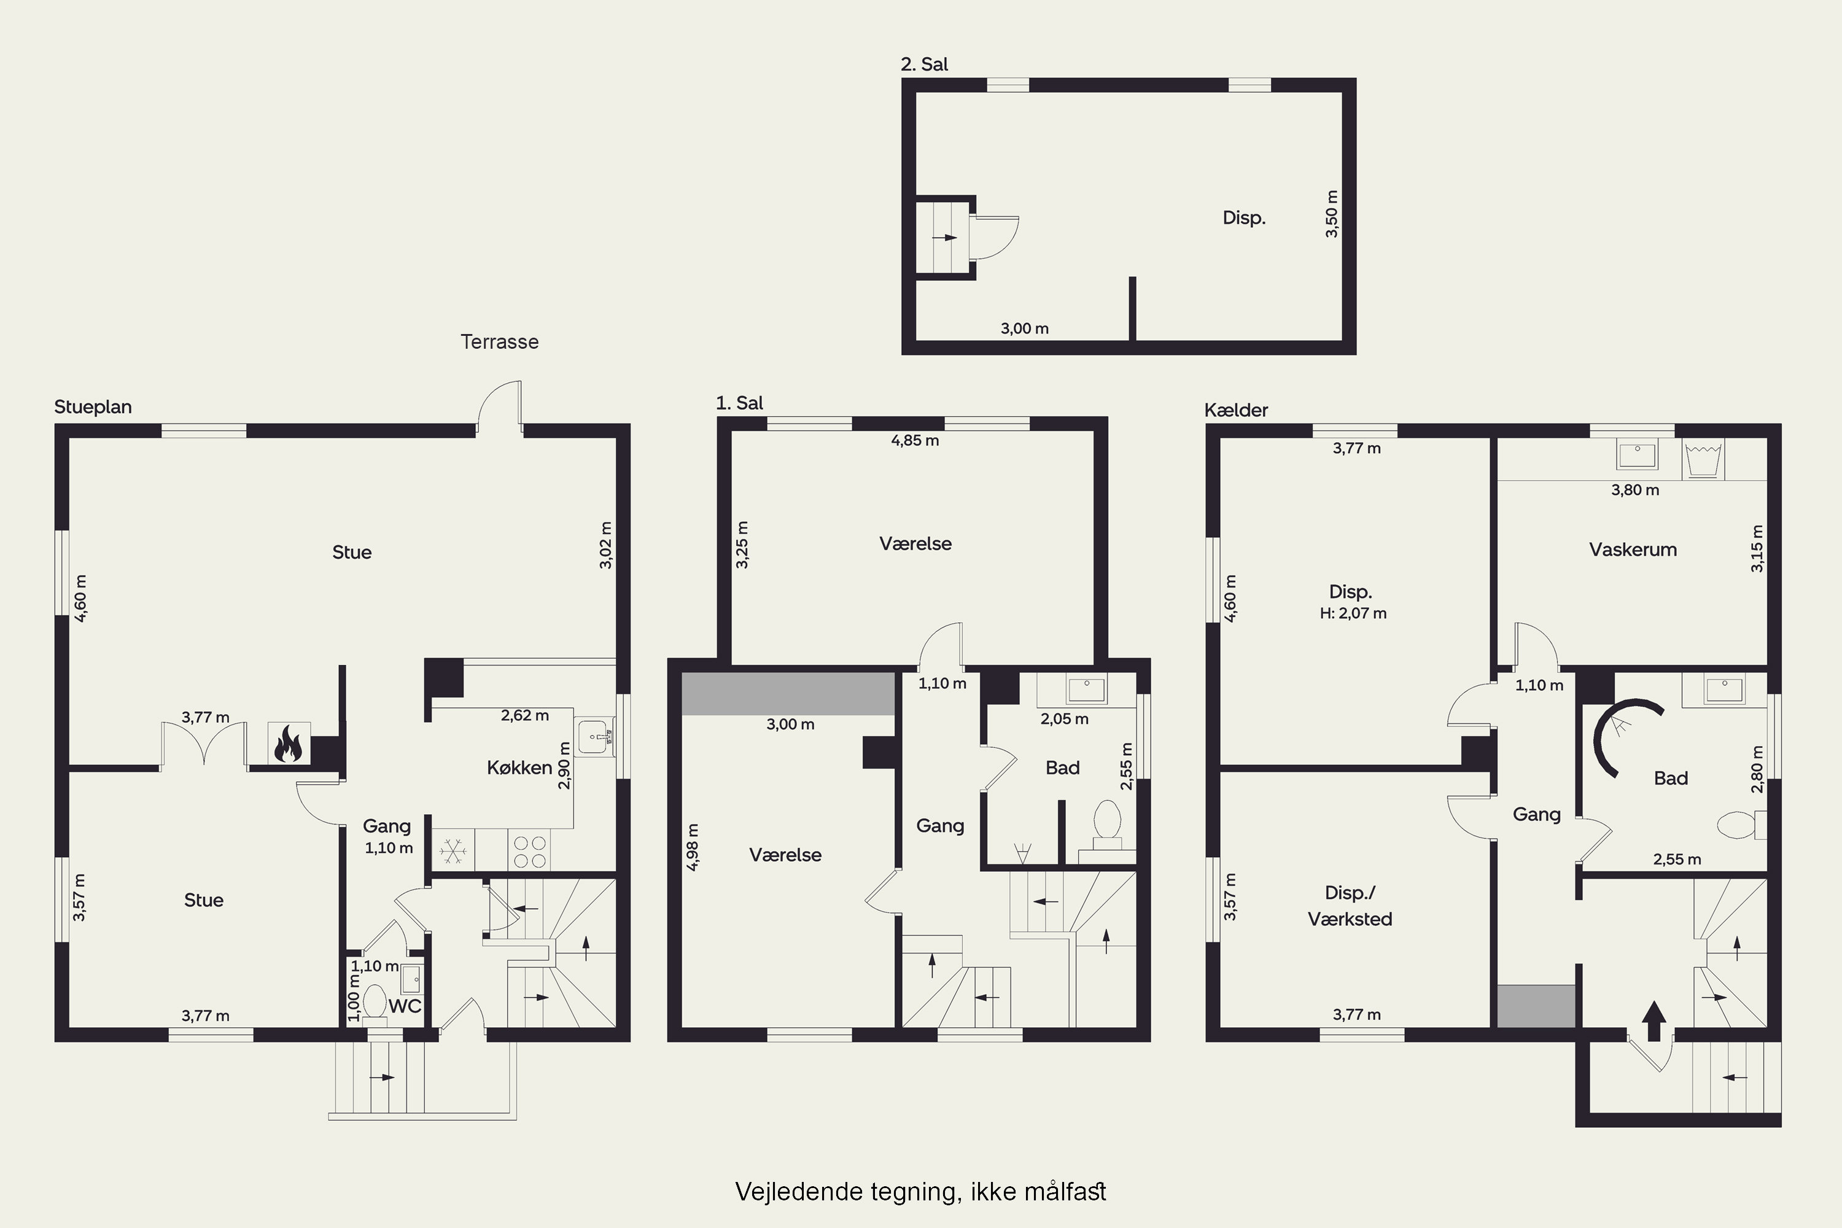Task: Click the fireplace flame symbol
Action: [288, 744]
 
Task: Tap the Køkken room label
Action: [519, 767]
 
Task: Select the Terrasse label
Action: [500, 341]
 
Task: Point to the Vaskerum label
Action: [1633, 549]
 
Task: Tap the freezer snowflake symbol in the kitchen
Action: [453, 850]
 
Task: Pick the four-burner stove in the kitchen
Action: [529, 850]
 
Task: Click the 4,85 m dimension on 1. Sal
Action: [915, 440]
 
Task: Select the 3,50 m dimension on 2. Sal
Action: [1331, 214]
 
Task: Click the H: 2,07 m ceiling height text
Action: [1353, 613]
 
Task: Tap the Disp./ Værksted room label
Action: [1350, 905]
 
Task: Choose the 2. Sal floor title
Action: [924, 64]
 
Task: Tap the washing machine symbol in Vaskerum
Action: [1703, 460]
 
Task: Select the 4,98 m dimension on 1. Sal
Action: [693, 847]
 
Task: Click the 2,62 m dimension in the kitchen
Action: [525, 715]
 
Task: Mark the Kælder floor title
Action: [1236, 410]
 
